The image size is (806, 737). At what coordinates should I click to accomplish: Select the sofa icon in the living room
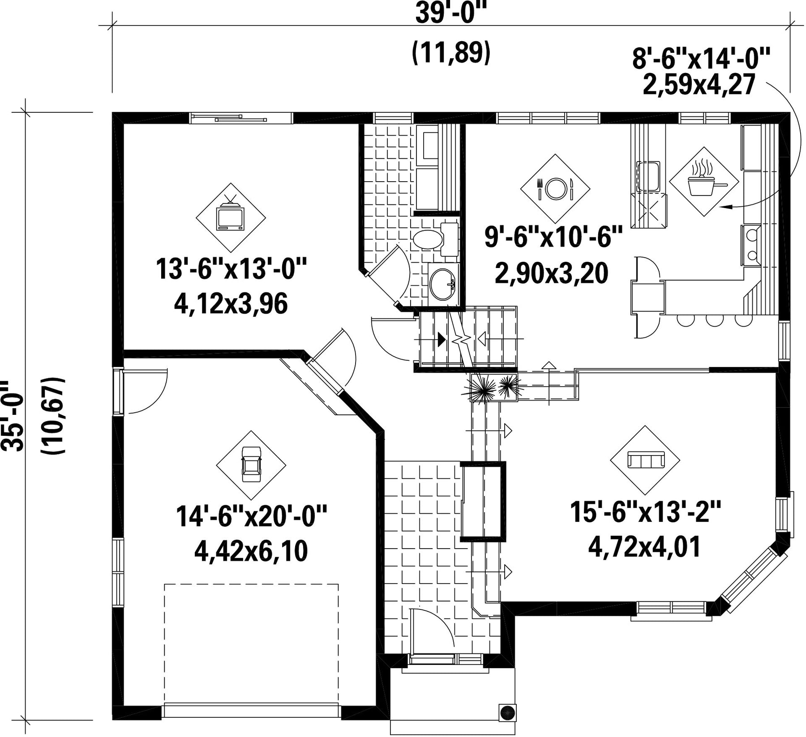click(645, 460)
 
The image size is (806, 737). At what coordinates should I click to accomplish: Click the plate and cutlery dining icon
click(556, 189)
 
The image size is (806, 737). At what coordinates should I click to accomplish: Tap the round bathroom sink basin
click(442, 283)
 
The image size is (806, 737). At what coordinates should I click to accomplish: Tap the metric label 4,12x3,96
click(231, 304)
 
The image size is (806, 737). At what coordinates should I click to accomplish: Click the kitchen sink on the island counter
click(647, 176)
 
